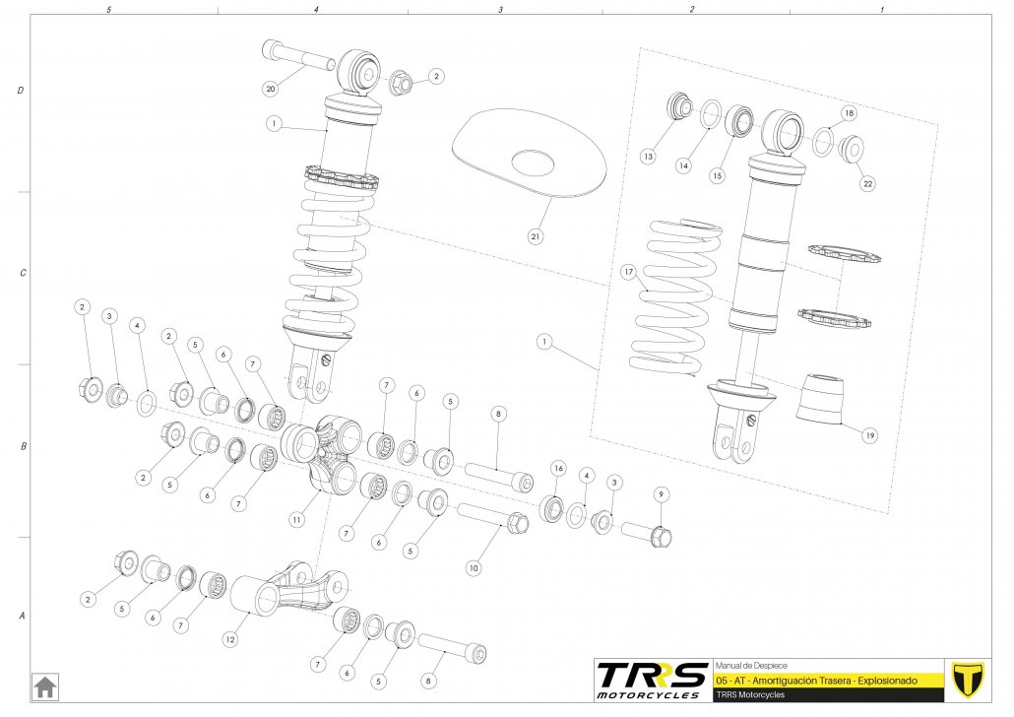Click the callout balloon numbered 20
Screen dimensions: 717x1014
click(x=270, y=89)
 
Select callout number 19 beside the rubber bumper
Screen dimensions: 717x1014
click(x=870, y=434)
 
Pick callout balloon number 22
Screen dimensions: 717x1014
click(x=867, y=183)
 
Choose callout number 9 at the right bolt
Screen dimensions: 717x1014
click(x=661, y=493)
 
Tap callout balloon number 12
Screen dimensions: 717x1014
click(x=229, y=639)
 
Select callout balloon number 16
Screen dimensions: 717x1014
click(x=558, y=468)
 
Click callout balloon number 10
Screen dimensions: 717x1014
click(x=474, y=567)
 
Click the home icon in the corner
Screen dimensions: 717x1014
click(x=44, y=685)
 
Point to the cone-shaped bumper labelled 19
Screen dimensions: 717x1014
click(x=819, y=396)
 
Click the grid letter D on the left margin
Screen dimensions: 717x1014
click(x=22, y=91)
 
